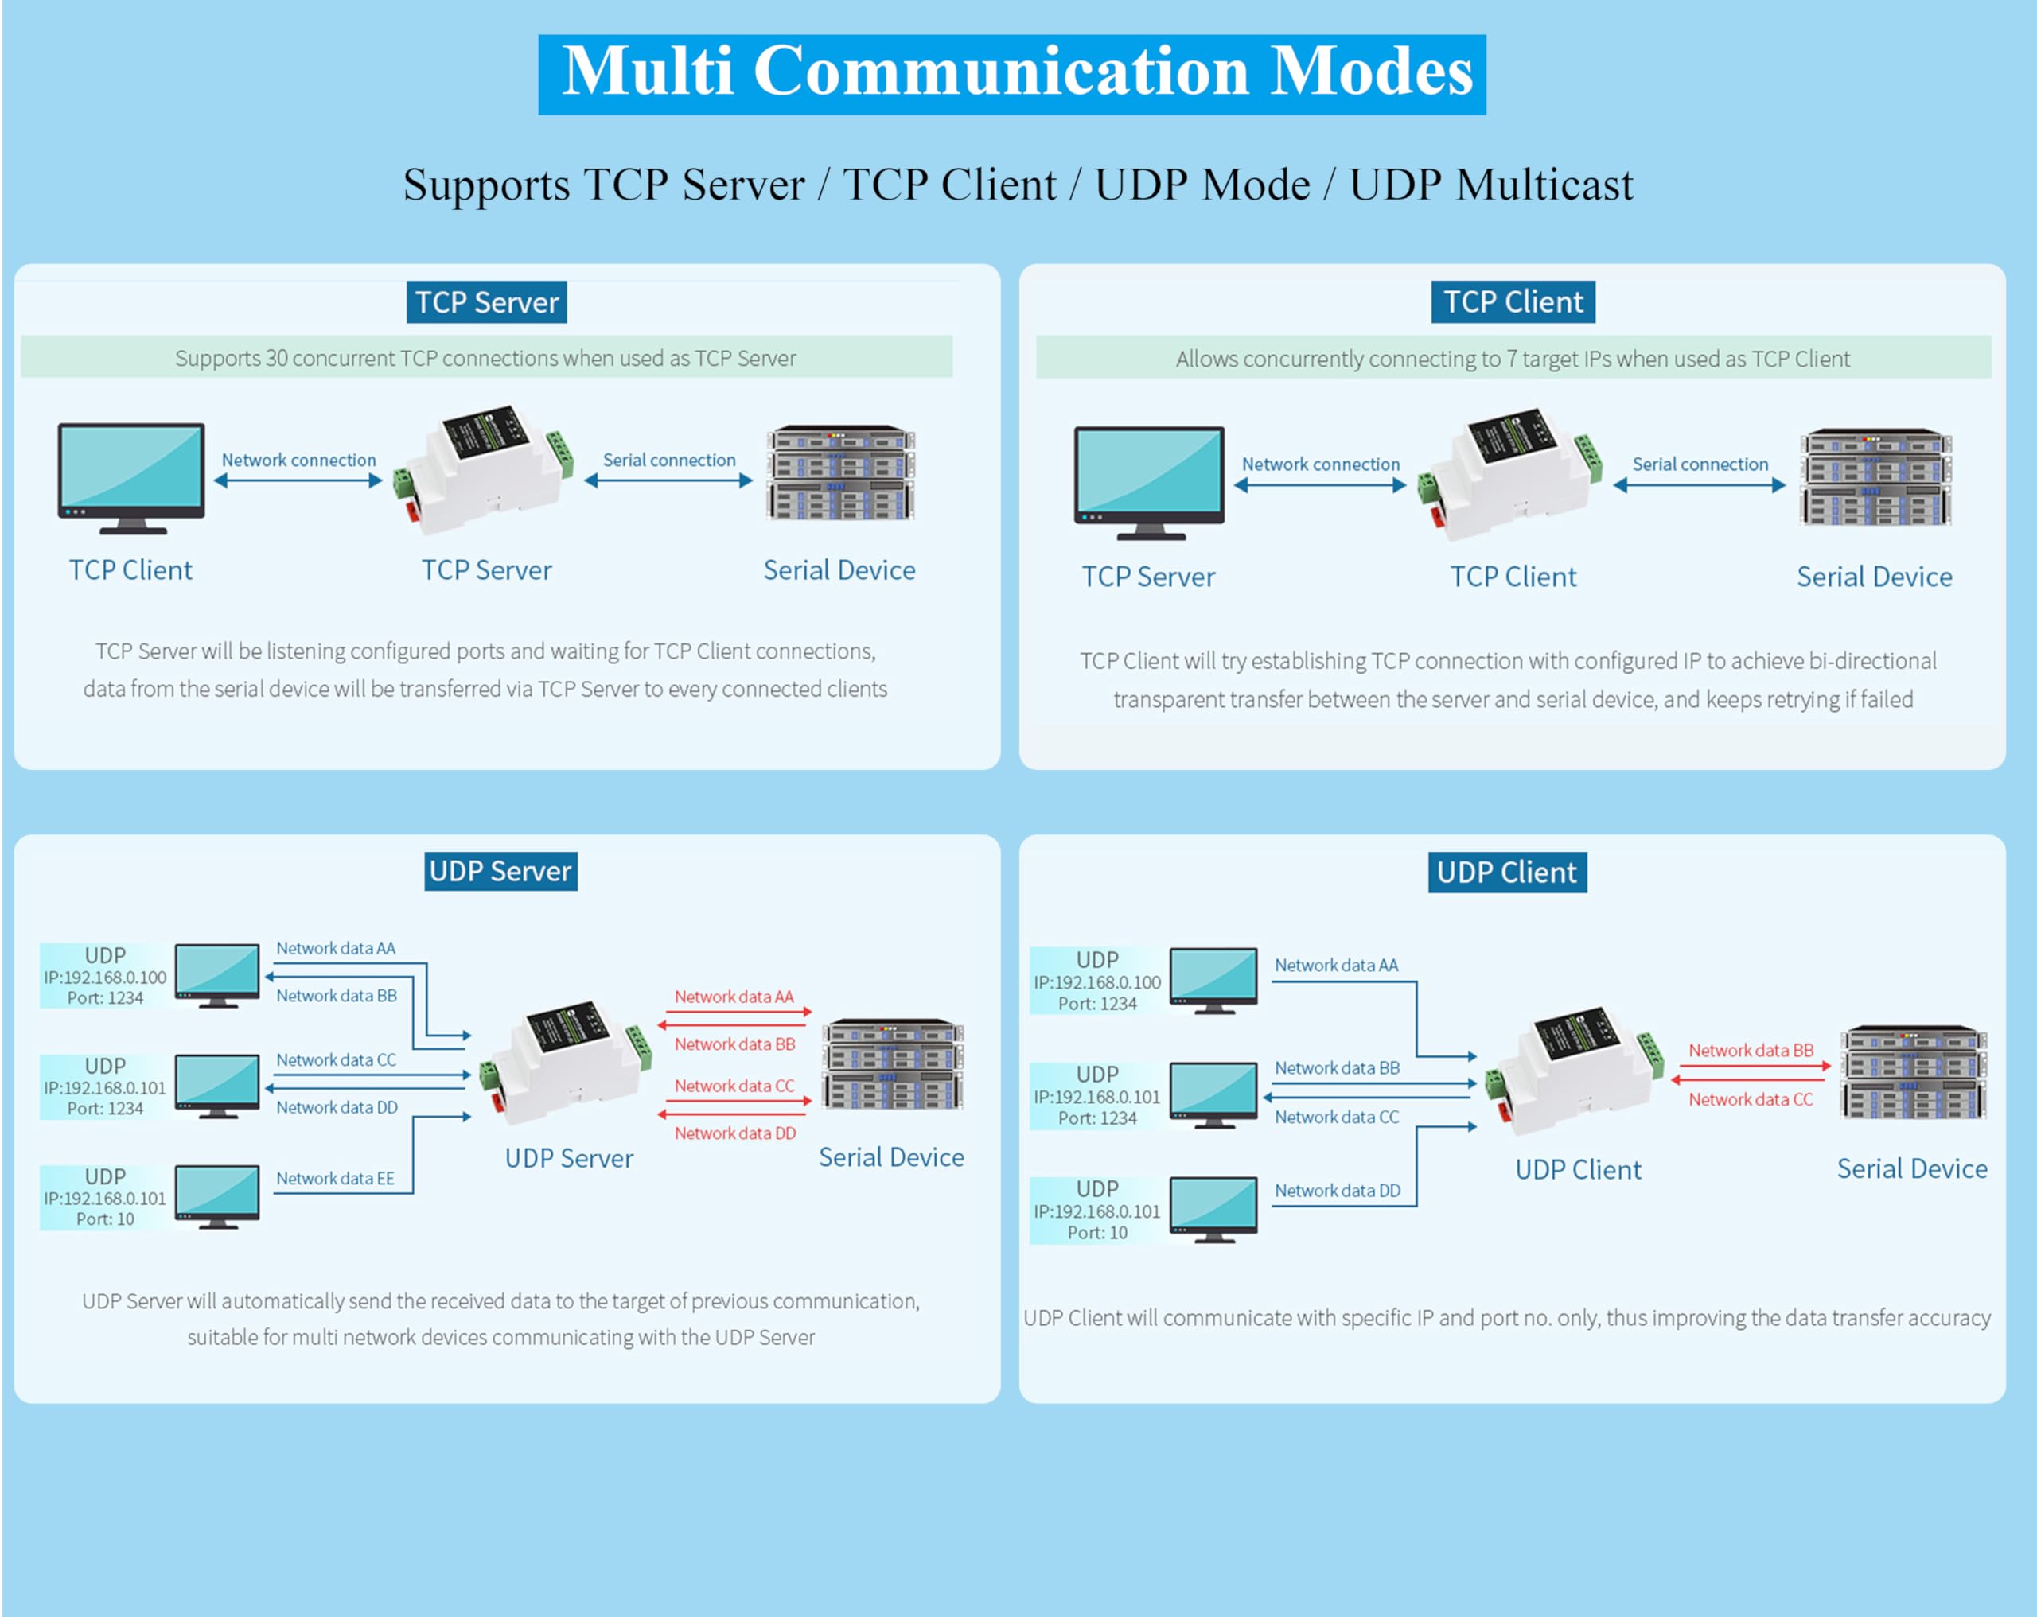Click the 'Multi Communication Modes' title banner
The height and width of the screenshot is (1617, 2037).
click(1012, 74)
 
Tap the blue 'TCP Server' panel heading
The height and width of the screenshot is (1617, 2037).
click(487, 302)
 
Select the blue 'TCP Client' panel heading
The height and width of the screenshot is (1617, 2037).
click(1513, 301)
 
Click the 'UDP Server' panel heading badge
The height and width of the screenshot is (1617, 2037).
click(500, 871)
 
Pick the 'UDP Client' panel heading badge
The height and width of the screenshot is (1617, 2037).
click(1507, 872)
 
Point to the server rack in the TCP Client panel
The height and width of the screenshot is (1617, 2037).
click(1875, 478)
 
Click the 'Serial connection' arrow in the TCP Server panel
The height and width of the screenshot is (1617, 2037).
click(669, 480)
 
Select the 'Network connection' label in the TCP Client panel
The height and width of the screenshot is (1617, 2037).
click(1321, 464)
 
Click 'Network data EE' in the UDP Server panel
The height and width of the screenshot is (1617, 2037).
click(336, 1178)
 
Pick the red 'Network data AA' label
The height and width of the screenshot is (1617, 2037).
click(734, 997)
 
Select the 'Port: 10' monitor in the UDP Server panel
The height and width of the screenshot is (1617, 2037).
click(216, 1197)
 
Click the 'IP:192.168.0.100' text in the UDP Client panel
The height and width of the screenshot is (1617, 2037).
click(1097, 982)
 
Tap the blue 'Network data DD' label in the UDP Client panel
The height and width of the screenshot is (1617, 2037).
click(1338, 1190)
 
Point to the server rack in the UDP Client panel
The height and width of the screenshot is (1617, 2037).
click(1912, 1073)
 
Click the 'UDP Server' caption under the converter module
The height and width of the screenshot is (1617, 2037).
click(569, 1158)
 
